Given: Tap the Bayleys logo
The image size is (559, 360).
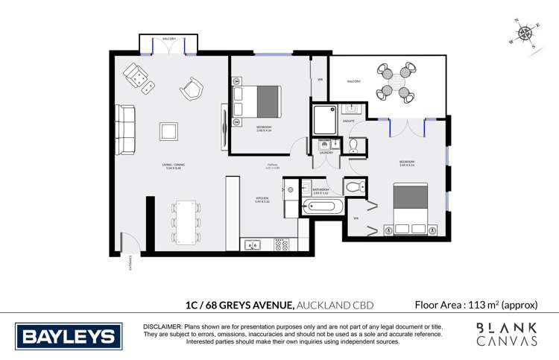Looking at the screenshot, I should (69, 336).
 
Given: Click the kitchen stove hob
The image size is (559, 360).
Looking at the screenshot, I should (282, 244).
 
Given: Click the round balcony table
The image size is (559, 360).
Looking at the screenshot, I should (396, 82).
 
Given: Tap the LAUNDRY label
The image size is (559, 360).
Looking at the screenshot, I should (326, 152).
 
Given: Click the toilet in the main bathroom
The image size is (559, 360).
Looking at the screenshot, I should (355, 186).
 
